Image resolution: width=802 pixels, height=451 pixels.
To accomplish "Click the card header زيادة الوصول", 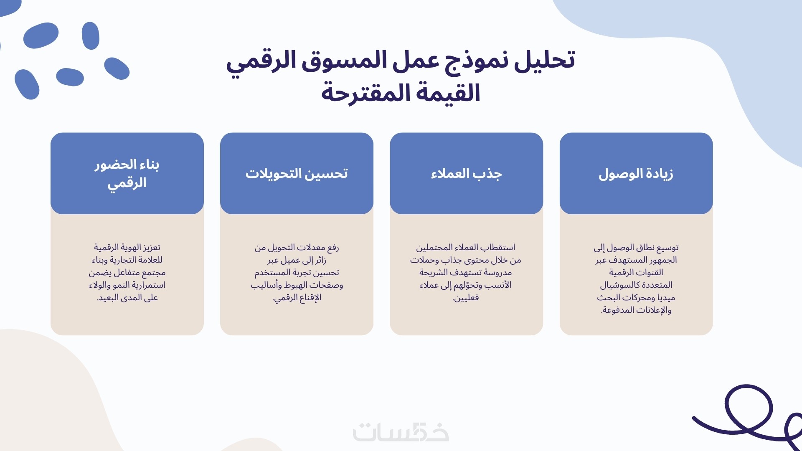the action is click(x=636, y=173).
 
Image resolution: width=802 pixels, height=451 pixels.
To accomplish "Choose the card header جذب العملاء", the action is click(x=466, y=173).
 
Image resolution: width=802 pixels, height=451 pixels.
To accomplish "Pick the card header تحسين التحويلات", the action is click(x=297, y=173).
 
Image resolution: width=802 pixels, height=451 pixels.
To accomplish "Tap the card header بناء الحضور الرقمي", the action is click(x=127, y=173).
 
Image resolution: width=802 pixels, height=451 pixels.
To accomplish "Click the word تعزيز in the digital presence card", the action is click(x=151, y=248).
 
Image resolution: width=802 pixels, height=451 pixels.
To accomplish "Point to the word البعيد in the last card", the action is click(x=108, y=298).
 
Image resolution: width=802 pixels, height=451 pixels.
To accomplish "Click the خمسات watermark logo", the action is click(x=401, y=432).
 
